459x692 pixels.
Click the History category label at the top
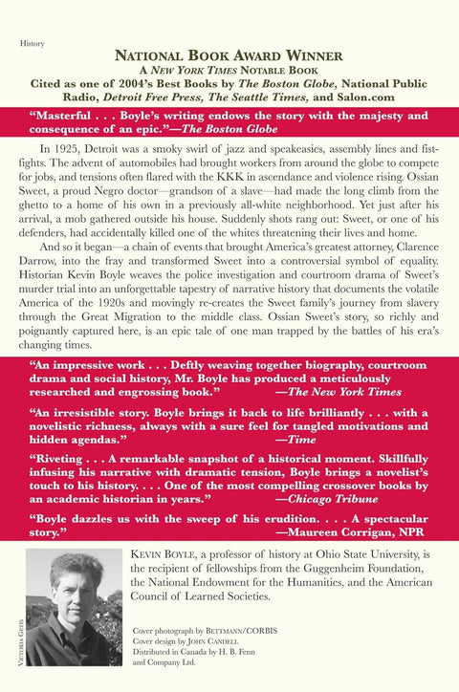(x=33, y=43)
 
